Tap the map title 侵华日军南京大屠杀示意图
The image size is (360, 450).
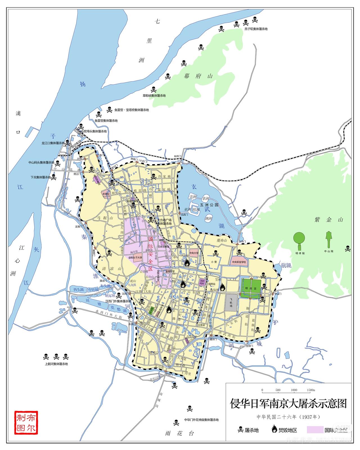click(288, 404)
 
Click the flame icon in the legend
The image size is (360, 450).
click(274, 429)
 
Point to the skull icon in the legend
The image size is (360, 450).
click(240, 429)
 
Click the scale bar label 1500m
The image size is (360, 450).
click(311, 390)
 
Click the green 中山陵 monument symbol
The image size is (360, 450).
click(328, 239)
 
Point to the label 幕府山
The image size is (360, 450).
click(198, 76)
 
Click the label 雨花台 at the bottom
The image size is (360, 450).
click(180, 433)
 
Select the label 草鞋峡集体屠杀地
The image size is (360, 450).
click(154, 96)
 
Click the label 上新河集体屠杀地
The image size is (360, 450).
click(56, 364)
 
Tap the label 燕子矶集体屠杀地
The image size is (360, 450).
click(256, 29)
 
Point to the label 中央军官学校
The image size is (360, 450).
click(239, 262)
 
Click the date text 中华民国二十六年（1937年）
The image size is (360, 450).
click(288, 417)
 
